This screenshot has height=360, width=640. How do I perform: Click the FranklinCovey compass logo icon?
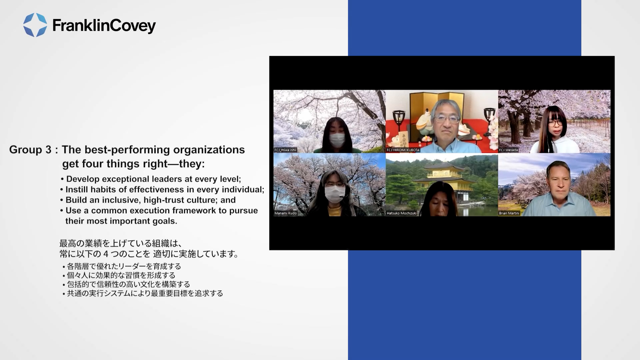[35, 25]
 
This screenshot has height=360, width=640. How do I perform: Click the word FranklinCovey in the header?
[104, 26]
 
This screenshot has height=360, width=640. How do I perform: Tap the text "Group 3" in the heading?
[30, 150]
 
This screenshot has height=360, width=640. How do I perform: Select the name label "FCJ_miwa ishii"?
[285, 150]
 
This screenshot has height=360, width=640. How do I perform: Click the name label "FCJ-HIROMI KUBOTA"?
[403, 150]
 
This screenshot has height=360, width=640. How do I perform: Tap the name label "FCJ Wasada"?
[509, 150]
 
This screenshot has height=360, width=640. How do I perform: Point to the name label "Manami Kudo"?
[285, 213]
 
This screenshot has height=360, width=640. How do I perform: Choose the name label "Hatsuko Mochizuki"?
[401, 213]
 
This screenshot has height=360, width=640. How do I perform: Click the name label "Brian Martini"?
[509, 213]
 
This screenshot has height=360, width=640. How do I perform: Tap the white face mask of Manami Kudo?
[335, 194]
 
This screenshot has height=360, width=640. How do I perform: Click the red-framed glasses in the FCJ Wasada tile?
[555, 123]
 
